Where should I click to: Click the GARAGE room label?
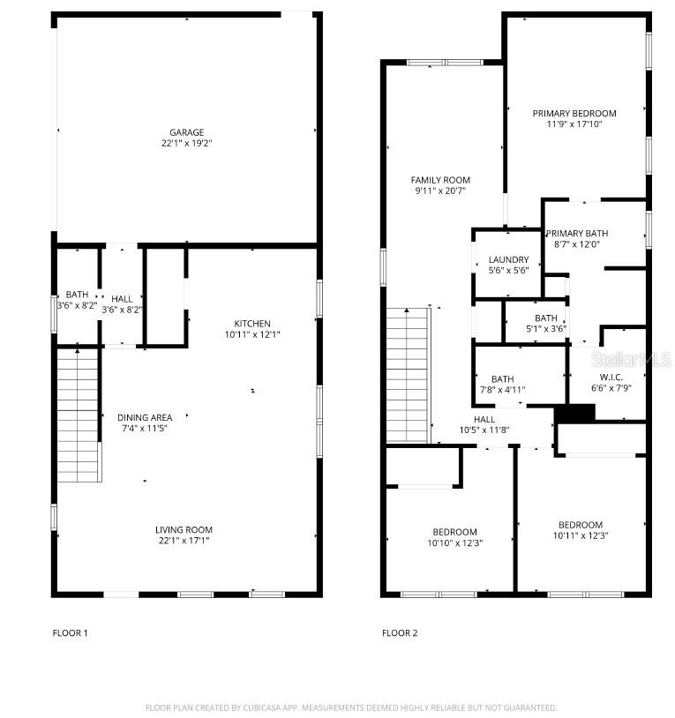click(186, 132)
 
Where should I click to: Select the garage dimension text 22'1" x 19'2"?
click(186, 143)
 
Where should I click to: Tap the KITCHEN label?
click(252, 323)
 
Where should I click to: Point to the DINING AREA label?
click(145, 417)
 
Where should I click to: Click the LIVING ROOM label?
click(186, 529)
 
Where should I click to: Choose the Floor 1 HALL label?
click(122, 299)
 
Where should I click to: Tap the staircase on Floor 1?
click(78, 415)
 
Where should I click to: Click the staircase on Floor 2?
click(408, 375)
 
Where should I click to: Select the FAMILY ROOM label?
click(440, 180)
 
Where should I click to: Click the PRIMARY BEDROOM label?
click(574, 113)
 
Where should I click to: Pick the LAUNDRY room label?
click(508, 259)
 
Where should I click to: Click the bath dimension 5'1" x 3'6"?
click(545, 329)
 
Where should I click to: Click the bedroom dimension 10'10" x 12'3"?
click(454, 542)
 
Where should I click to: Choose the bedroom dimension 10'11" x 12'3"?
click(580, 535)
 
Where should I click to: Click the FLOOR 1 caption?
click(71, 632)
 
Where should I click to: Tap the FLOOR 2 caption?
click(400, 632)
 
